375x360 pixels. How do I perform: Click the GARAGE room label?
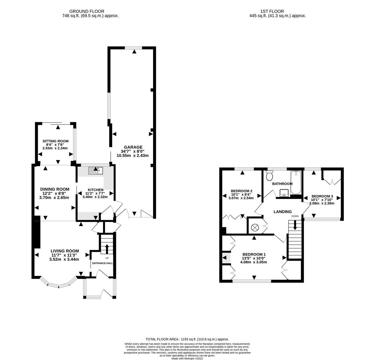click(133, 147)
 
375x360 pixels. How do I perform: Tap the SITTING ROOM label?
click(55, 141)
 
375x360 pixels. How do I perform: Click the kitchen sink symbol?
click(96, 171)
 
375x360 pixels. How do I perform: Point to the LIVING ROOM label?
click(65, 251)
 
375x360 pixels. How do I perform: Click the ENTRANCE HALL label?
click(102, 263)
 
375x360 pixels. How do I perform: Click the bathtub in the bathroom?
click(296, 182)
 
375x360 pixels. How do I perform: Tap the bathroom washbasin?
click(284, 192)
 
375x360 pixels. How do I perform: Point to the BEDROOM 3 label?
click(322, 196)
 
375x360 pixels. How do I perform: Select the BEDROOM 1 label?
click(254, 254)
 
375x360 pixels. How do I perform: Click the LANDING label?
click(282, 212)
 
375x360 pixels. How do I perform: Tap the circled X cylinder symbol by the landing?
click(255, 227)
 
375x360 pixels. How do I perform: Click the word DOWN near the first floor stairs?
click(295, 216)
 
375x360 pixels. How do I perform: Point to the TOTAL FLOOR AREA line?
click(187, 339)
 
